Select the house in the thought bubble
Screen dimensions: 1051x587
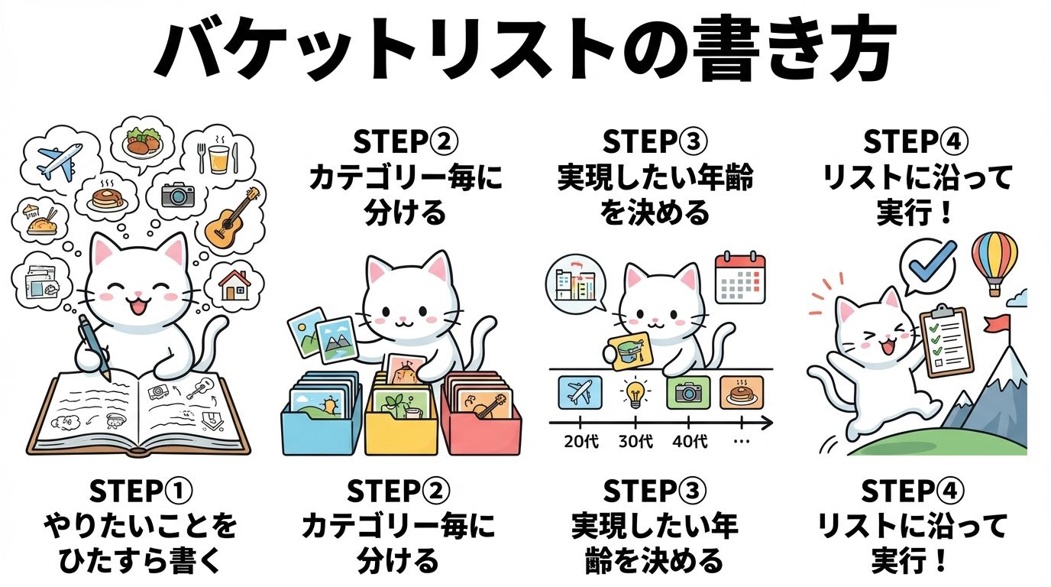(x=234, y=285)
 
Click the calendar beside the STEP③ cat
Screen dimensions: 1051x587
(x=740, y=278)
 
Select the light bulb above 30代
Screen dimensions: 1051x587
(x=635, y=393)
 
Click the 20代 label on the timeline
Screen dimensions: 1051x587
(x=580, y=442)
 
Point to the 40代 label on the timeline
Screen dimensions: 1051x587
(x=689, y=442)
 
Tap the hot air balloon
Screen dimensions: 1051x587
(x=994, y=264)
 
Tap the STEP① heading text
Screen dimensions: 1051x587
(x=141, y=492)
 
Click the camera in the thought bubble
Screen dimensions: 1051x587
(x=178, y=195)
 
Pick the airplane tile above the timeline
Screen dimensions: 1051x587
(x=580, y=393)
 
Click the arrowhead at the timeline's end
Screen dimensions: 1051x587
(x=767, y=423)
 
